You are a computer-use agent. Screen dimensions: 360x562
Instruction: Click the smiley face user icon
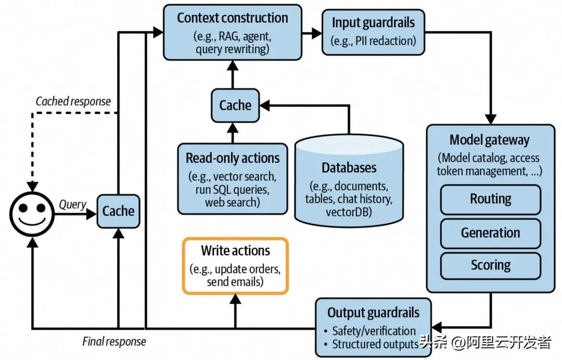pos(32,212)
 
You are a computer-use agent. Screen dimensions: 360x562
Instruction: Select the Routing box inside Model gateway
pos(490,199)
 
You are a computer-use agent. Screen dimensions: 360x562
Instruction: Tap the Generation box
pos(490,233)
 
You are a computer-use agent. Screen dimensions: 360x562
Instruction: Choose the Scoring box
pos(490,265)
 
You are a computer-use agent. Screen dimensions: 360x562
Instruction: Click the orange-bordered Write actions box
pos(235,266)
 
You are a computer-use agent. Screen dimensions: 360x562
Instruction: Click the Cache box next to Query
pos(118,211)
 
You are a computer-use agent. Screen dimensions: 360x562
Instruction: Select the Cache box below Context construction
pos(235,106)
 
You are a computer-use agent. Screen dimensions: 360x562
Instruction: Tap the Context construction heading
pos(232,18)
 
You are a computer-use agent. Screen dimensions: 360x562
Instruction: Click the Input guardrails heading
pos(373,22)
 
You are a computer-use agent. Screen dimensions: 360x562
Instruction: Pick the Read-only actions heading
pos(233,158)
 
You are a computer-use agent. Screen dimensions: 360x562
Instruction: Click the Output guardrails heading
pos(373,313)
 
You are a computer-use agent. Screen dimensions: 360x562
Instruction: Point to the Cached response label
pos(73,101)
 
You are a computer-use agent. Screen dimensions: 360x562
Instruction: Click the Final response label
pos(114,342)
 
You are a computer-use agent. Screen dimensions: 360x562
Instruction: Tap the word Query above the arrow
pos(72,204)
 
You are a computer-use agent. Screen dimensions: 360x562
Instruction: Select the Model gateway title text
pos(490,140)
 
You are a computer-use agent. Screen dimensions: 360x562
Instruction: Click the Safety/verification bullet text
pos(374,331)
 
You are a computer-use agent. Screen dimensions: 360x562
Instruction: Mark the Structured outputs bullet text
pos(375,344)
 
